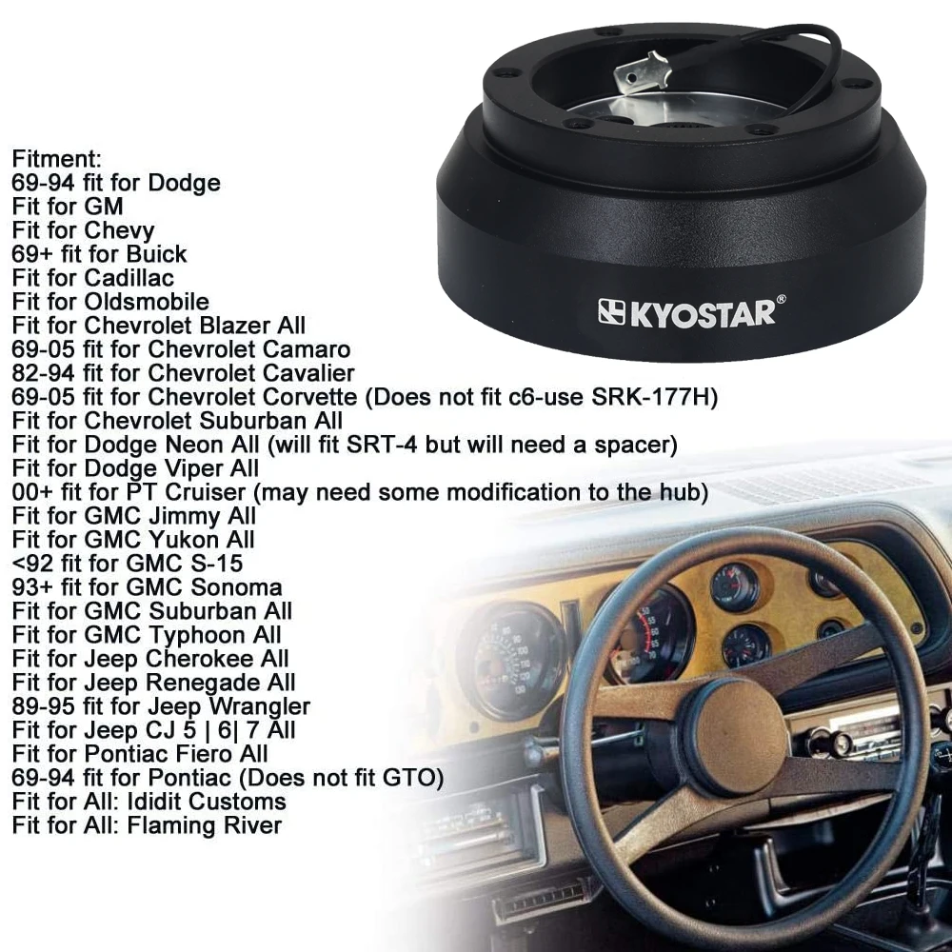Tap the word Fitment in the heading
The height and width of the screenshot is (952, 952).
56,158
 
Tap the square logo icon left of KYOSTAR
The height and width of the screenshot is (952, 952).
610,312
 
